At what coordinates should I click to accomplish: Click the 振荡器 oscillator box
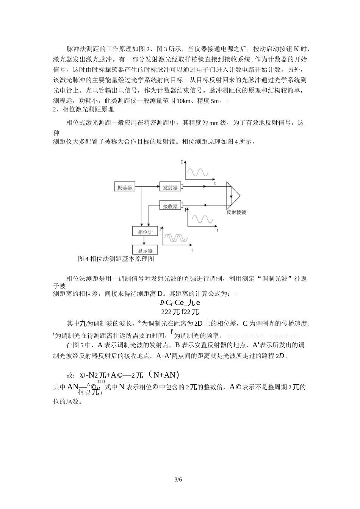click(125, 187)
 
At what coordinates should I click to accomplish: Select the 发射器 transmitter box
click(170, 187)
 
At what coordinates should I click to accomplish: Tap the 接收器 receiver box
click(170, 206)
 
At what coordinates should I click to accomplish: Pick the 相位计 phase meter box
click(145, 232)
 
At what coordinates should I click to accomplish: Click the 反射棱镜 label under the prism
click(236, 212)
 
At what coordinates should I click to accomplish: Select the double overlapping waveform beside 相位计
click(176, 237)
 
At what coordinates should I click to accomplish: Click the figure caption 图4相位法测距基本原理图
click(116, 259)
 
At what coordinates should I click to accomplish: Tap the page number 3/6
click(178, 479)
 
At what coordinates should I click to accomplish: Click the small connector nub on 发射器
click(182, 187)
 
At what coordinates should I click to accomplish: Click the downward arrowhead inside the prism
click(231, 198)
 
